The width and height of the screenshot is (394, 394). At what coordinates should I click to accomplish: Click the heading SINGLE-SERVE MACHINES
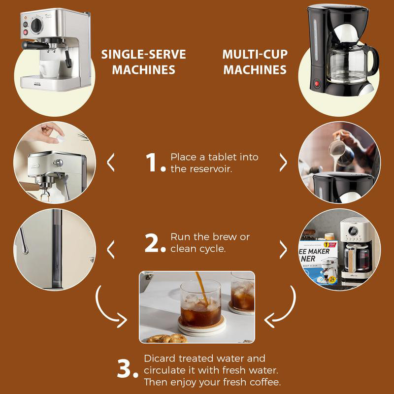click(143, 62)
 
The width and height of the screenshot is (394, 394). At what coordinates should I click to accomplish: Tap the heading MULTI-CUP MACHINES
click(255, 62)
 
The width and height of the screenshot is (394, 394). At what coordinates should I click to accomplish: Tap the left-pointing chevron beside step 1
click(111, 162)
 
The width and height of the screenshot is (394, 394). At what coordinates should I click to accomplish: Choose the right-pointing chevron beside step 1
click(283, 162)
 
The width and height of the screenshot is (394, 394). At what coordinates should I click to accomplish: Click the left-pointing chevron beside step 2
click(111, 249)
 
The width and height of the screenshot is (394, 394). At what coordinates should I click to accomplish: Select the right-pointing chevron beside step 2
click(283, 249)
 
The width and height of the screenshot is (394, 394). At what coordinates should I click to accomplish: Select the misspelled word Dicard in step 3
click(158, 359)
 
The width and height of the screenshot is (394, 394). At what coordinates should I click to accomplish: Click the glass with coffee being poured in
click(200, 303)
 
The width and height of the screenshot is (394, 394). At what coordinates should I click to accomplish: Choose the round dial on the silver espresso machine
click(36, 25)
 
